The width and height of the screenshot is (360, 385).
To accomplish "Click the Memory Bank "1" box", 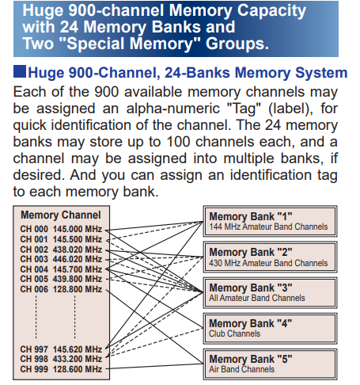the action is click(x=270, y=221).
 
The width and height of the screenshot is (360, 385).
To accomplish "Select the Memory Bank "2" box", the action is click(x=270, y=257).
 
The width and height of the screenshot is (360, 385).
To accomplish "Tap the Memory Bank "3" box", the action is click(x=270, y=292).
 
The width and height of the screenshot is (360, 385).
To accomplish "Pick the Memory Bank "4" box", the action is click(x=270, y=329).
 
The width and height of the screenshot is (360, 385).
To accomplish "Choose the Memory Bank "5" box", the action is click(x=270, y=364).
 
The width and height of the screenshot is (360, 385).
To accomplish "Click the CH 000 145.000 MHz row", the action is click(x=61, y=229).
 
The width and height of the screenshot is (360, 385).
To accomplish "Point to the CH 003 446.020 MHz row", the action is click(x=61, y=259).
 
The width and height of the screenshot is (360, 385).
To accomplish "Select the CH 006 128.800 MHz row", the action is click(x=61, y=289).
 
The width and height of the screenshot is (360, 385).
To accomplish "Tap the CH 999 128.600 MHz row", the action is click(x=61, y=369).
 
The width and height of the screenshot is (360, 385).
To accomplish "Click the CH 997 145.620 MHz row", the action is click(x=61, y=349).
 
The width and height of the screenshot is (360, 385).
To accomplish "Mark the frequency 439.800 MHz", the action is click(x=78, y=279).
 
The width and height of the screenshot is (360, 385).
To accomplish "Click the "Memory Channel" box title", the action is click(x=61, y=215).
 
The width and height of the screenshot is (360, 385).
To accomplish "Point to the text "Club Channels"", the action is click(x=235, y=334).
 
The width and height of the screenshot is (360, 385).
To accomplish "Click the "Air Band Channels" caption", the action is click(x=242, y=369).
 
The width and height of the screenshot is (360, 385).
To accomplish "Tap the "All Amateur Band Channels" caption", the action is click(x=257, y=298).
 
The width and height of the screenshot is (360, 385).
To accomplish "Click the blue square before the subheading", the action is click(x=20, y=71).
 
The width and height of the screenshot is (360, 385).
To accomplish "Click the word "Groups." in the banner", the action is click(x=237, y=44).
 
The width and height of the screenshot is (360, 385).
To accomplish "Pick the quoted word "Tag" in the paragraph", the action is click(x=244, y=109).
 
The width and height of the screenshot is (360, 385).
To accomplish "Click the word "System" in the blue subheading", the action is click(x=321, y=73).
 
